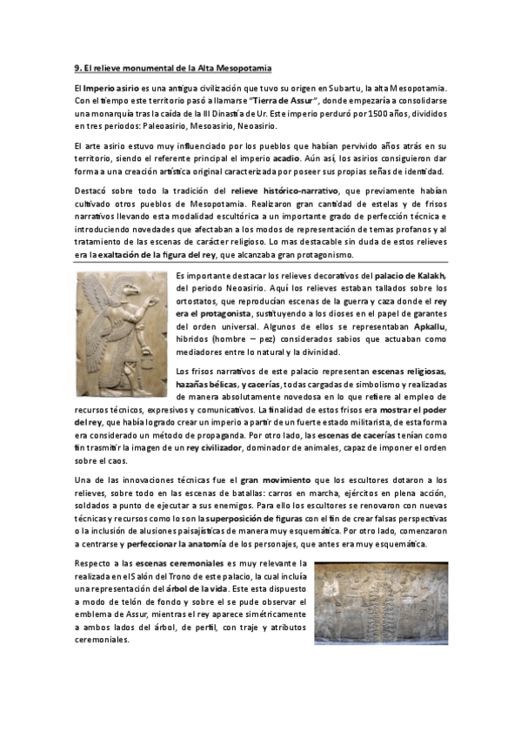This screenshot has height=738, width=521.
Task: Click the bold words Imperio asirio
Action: tap(110, 89)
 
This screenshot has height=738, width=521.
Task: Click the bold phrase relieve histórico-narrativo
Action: tap(286, 189)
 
